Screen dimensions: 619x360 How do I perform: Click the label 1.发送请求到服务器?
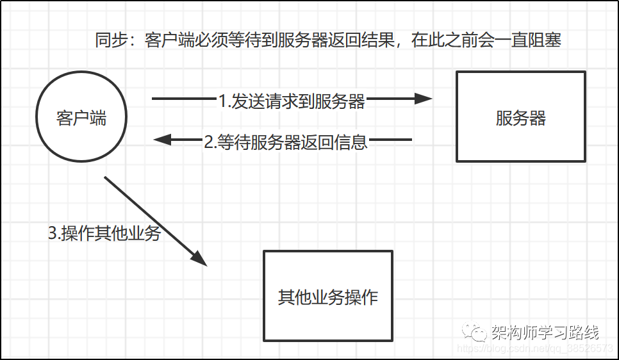click(x=292, y=101)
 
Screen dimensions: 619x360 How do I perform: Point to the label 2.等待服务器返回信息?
click(x=286, y=142)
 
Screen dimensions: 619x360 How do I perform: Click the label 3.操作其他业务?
click(x=104, y=233)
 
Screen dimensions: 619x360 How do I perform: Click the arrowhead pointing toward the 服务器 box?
click(x=423, y=98)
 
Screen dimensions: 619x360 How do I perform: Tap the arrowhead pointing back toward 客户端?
click(x=162, y=140)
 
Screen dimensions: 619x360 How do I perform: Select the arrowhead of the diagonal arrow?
click(x=199, y=259)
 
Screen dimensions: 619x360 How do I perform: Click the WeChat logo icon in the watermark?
click(x=474, y=332)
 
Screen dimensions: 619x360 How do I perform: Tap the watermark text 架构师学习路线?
click(x=545, y=332)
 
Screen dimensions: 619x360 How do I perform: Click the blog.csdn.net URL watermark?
click(x=534, y=348)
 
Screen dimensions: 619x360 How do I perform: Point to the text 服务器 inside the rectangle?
click(x=521, y=118)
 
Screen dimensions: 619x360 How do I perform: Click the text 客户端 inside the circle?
click(x=81, y=118)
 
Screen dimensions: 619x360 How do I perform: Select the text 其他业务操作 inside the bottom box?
click(x=328, y=297)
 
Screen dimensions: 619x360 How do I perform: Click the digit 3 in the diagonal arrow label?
click(x=53, y=233)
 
